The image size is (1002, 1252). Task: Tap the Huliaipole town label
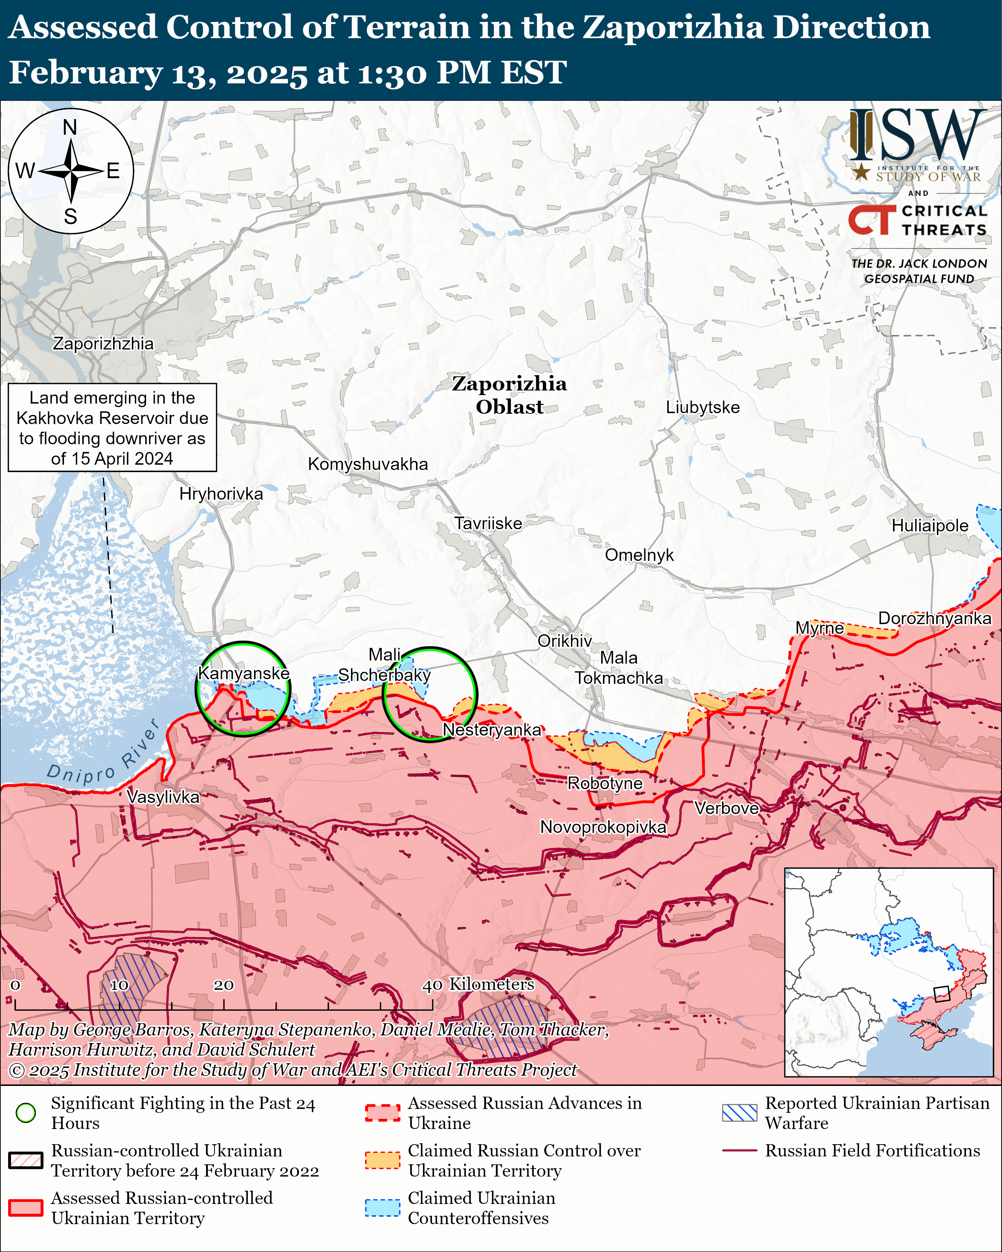[930, 525]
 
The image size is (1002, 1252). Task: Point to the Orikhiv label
[564, 641]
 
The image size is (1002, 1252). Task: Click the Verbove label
[727, 808]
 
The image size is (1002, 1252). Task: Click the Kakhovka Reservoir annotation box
[112, 427]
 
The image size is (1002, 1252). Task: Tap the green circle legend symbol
[25, 1113]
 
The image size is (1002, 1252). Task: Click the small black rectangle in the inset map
[941, 994]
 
